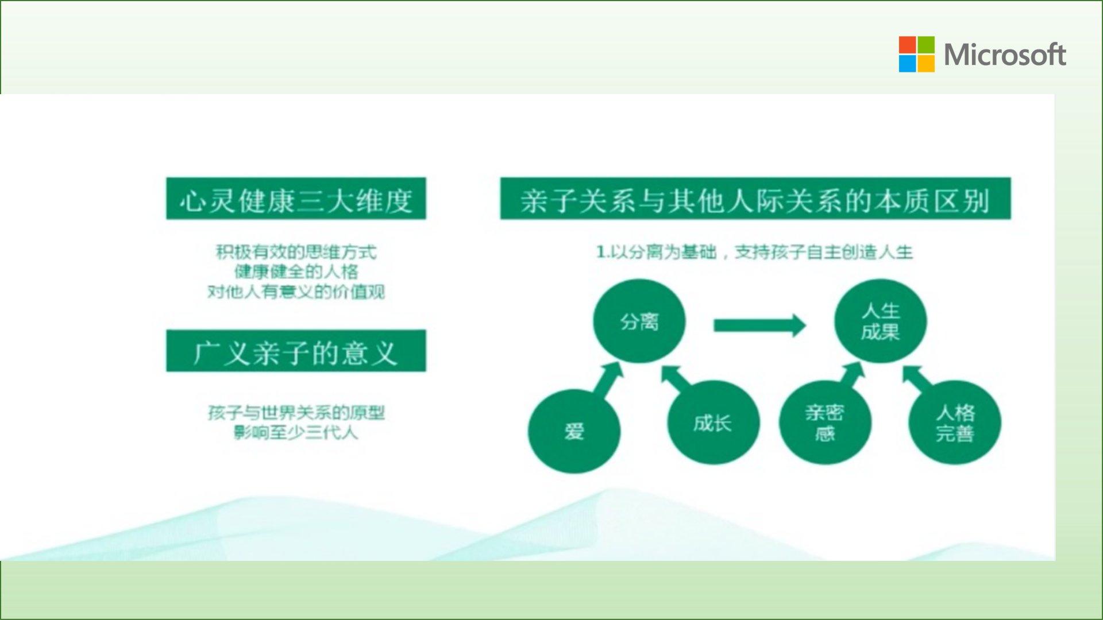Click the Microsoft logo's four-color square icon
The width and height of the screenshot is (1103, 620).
click(x=916, y=54)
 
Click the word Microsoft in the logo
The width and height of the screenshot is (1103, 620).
click(x=1005, y=55)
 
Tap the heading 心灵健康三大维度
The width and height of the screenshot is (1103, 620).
click(x=296, y=199)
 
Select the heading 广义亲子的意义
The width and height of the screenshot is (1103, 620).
click(x=296, y=351)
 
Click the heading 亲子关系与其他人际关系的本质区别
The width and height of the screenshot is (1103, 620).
click(x=755, y=199)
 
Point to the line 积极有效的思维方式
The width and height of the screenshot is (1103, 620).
click(x=296, y=251)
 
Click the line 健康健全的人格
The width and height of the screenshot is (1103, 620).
click(x=296, y=271)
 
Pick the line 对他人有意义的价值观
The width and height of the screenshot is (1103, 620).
click(x=296, y=291)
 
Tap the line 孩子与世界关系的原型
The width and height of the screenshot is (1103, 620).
click(x=296, y=412)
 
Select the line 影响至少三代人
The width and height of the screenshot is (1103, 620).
click(x=296, y=432)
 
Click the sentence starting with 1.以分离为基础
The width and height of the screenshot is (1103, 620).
click(x=755, y=251)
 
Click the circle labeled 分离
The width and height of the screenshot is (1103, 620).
click(x=639, y=321)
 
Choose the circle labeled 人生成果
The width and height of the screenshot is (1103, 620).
click(x=880, y=321)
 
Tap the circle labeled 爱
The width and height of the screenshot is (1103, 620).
click(x=574, y=431)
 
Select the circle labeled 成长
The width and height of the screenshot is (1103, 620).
click(x=713, y=423)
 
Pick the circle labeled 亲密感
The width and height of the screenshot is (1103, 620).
click(x=825, y=423)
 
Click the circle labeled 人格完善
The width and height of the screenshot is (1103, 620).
click(x=955, y=423)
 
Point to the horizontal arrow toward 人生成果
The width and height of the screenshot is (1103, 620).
click(x=759, y=325)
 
